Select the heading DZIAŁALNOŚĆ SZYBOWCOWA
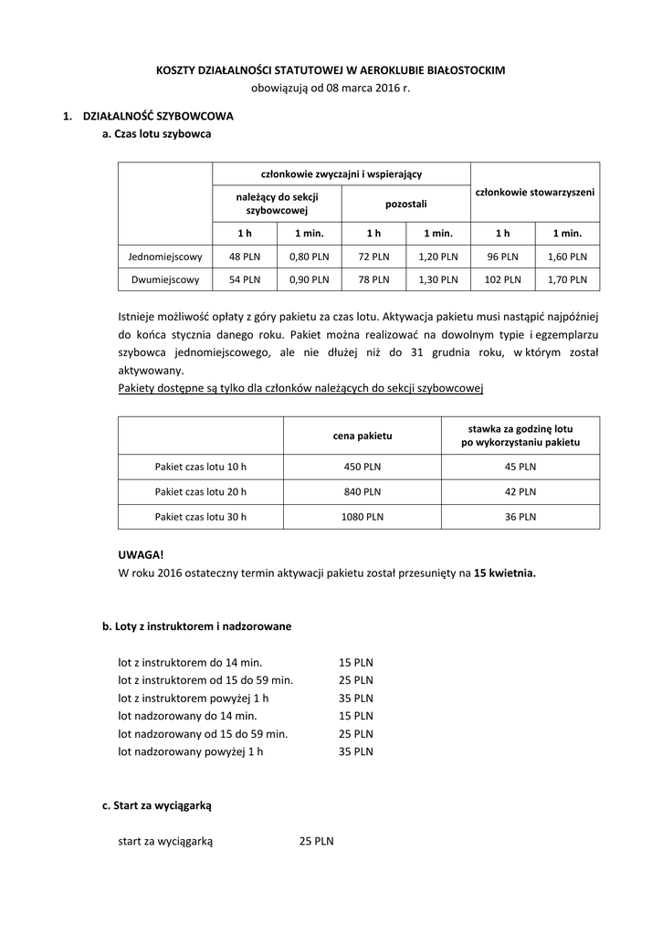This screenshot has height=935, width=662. click(x=158, y=117)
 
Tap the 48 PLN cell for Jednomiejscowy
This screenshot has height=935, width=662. click(x=245, y=257)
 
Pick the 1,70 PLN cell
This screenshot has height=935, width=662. click(x=566, y=279)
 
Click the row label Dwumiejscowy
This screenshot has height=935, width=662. click(x=165, y=279)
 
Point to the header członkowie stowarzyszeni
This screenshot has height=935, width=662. click(x=535, y=193)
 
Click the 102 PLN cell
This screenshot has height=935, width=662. click(x=502, y=279)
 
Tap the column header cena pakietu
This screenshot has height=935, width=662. click(x=362, y=436)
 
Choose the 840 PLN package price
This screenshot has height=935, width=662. click(x=362, y=491)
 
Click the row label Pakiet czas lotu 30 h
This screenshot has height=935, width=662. click(x=201, y=516)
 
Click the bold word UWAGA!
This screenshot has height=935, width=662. click(x=142, y=555)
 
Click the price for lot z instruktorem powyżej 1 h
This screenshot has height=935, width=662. click(x=356, y=699)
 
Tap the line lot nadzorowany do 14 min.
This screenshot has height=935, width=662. click(x=187, y=716)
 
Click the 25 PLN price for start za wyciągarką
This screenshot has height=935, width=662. click(x=316, y=841)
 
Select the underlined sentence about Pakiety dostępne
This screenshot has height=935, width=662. click(x=300, y=388)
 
